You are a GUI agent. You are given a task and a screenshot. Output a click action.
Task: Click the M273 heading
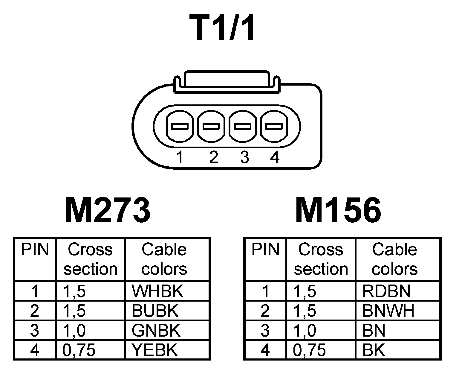[108, 210]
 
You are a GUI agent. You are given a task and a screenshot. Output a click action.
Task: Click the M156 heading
[338, 210]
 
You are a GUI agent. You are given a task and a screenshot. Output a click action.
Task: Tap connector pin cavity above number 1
[179, 126]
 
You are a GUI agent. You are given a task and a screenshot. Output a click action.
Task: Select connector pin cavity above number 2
[211, 126]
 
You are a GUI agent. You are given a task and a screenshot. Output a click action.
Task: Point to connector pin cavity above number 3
[243, 126]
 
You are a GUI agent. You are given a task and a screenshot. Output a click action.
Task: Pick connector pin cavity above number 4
[274, 126]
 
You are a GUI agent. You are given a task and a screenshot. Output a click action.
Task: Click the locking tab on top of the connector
[227, 79]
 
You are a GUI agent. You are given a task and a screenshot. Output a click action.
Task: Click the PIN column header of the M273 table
[35, 250]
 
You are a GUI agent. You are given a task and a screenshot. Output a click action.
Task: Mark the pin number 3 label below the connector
[244, 157]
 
